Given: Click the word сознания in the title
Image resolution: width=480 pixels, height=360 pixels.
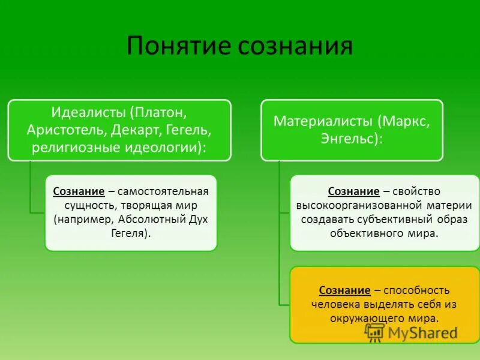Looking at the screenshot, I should [x=292, y=47].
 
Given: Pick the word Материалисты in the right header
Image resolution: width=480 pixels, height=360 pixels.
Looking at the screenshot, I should [x=324, y=121].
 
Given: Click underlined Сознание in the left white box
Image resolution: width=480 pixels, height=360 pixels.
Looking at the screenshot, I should [x=79, y=191].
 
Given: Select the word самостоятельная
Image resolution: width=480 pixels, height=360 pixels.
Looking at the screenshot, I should [x=163, y=191].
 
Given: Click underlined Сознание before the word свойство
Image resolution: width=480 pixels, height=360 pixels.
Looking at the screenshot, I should [x=353, y=191].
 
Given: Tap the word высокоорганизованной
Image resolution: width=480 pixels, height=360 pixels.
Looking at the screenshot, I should [x=346, y=205].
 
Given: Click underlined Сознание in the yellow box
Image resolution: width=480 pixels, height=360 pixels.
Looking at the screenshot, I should [x=344, y=290].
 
